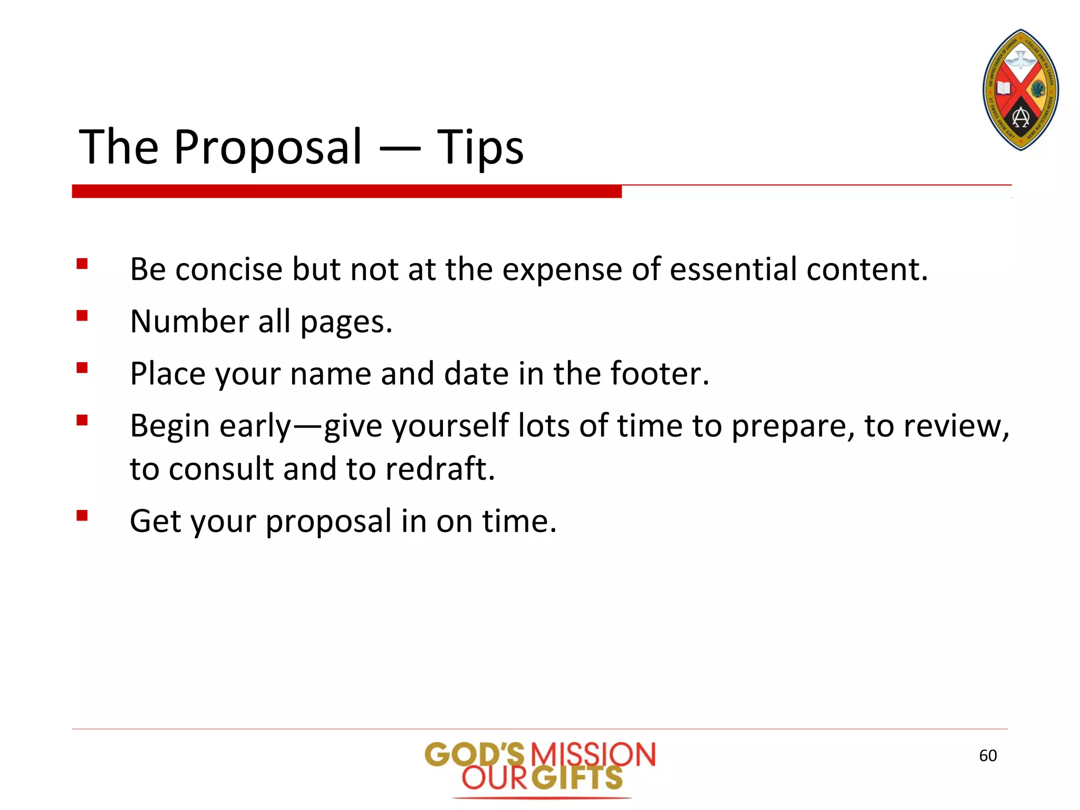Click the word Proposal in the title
point(268,147)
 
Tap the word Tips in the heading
point(480,147)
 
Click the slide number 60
point(988,756)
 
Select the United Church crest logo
point(1021,90)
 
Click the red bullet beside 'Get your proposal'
point(82,515)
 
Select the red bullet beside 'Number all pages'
point(82,315)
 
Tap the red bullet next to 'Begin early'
point(82,420)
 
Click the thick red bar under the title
point(346,191)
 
